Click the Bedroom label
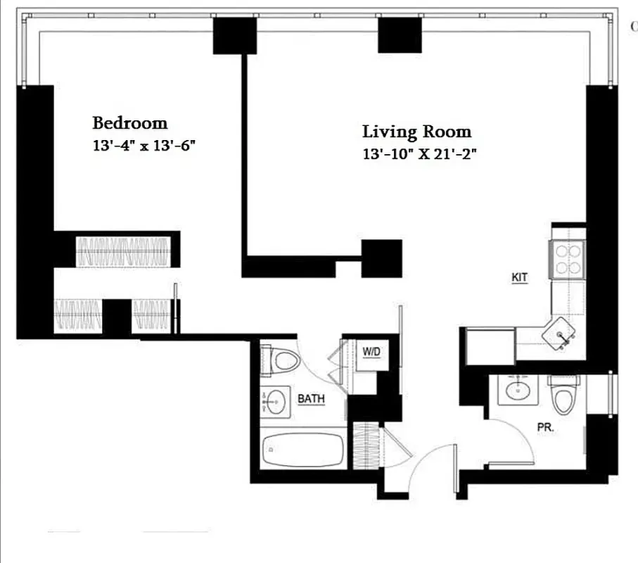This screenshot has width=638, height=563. click(x=130, y=123)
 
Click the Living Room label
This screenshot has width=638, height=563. click(x=416, y=132)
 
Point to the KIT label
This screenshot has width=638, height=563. click(x=519, y=278)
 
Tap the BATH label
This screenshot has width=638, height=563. click(x=311, y=399)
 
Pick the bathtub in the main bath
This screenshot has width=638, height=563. click(x=302, y=449)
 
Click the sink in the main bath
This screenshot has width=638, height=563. click(x=275, y=403)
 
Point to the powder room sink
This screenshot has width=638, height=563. click(x=520, y=389)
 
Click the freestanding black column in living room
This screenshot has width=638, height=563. click(x=382, y=258)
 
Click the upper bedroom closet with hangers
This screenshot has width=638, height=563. click(x=123, y=251)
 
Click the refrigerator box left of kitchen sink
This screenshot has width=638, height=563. click(x=490, y=345)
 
